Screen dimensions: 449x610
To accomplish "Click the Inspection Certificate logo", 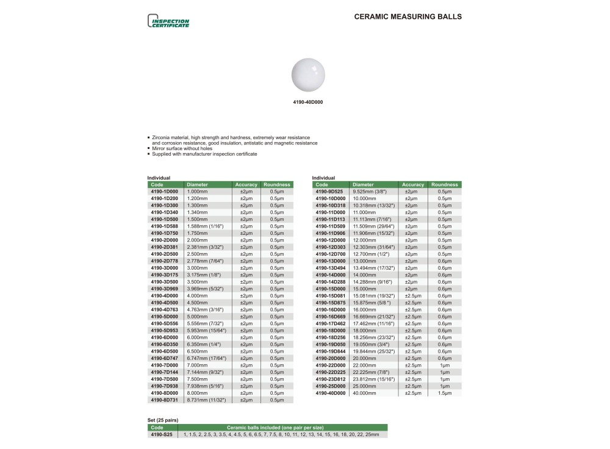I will [169, 22].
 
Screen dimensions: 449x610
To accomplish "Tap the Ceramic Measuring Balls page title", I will [407, 17].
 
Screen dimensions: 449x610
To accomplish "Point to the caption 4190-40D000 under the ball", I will [307, 102].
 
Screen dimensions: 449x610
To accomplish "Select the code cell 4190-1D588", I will [165, 226].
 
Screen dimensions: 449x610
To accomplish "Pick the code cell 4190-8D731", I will [165, 400].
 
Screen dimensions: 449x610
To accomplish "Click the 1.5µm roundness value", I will [444, 393].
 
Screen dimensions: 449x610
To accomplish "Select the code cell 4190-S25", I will [162, 434].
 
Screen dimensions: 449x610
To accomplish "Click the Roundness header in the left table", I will [277, 184].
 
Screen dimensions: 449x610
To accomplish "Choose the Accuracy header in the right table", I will [413, 184].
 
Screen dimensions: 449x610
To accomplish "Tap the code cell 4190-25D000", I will [329, 386].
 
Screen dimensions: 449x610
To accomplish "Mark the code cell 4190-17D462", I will [329, 323].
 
